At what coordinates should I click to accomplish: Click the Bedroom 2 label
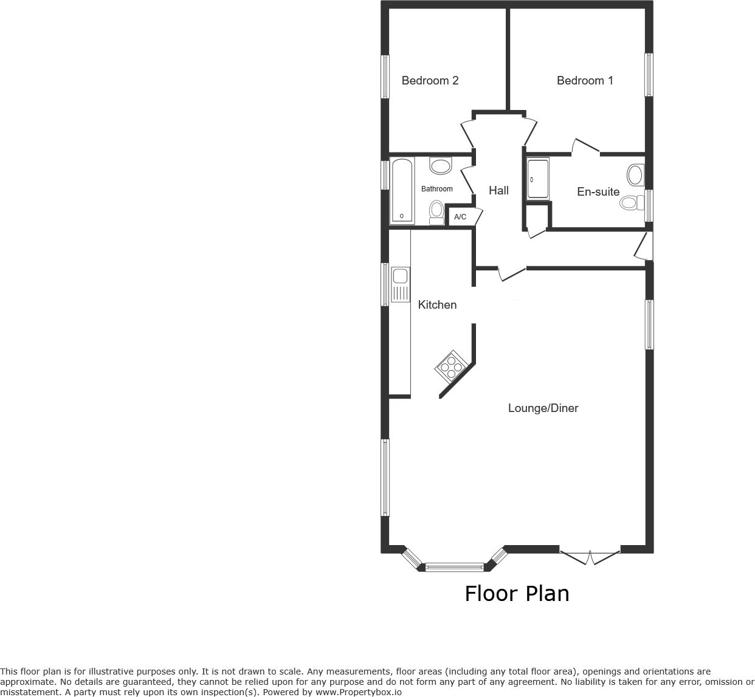430,81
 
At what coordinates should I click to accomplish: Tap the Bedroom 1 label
585,81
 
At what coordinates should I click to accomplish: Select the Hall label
498,191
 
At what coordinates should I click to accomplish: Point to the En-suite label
598,192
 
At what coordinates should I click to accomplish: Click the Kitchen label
437,305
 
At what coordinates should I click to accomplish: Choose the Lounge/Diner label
543,408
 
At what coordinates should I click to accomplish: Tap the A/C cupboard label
460,217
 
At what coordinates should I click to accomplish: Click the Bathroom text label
437,189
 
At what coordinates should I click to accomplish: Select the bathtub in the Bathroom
402,191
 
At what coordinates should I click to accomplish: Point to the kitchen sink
401,284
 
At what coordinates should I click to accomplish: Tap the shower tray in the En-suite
538,179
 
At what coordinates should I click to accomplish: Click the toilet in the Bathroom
436,212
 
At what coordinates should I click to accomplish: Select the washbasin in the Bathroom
441,165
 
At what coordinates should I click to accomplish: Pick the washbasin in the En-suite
635,174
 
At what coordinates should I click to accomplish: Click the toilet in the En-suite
632,202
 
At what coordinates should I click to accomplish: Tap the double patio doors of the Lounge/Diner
590,557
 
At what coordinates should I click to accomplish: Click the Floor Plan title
517,594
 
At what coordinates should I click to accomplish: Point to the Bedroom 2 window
385,77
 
